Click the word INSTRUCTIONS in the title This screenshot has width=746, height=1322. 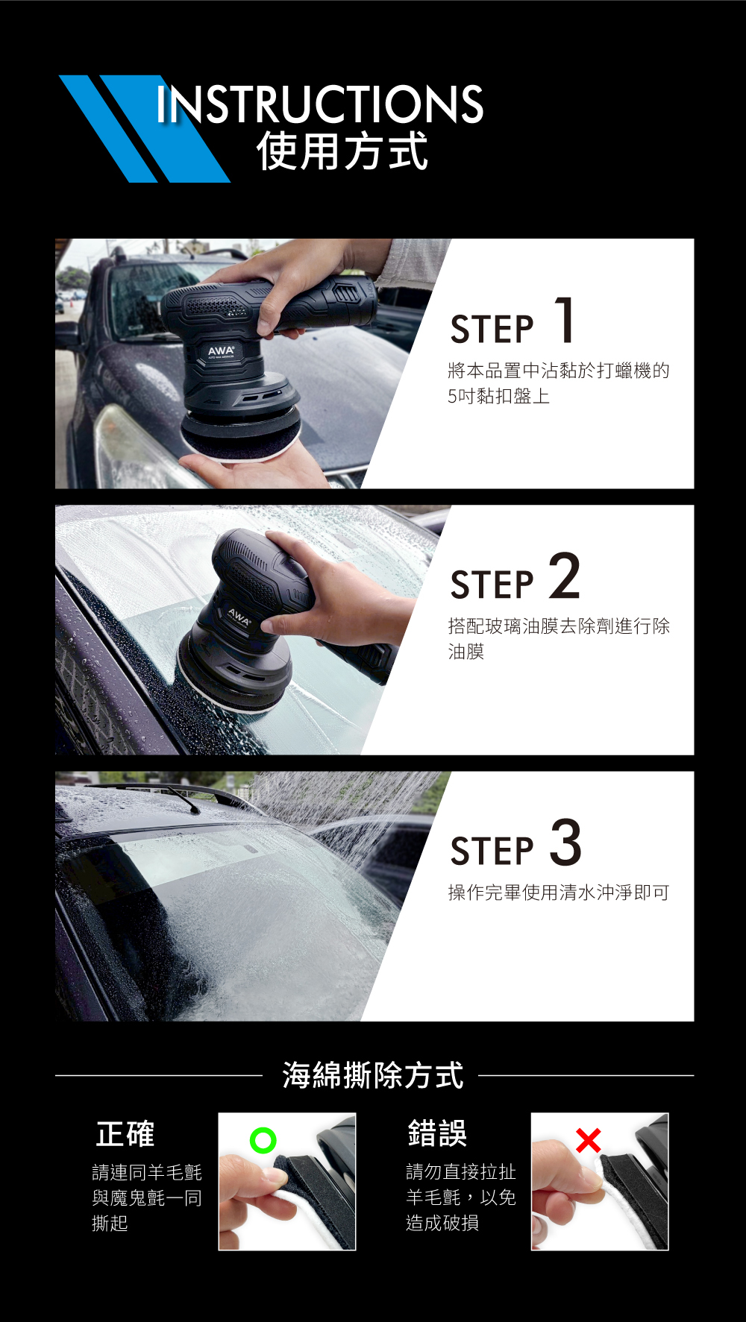320,104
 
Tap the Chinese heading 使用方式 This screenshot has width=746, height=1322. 342,151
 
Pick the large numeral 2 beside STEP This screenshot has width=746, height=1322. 565,576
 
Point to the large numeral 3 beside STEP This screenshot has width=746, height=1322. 566,843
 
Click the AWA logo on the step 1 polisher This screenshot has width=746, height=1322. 221,350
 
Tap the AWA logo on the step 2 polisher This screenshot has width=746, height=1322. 239,617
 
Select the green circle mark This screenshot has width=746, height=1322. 263,1140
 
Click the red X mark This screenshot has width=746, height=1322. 588,1140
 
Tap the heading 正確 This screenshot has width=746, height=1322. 125,1134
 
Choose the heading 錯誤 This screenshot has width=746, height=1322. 437,1133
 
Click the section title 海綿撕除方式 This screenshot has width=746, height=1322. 373,1075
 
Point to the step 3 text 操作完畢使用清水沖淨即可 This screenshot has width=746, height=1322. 559,893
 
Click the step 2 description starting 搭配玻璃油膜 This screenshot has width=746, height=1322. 559,638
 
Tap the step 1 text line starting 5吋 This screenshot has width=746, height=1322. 499,396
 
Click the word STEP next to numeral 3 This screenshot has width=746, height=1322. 492,851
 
